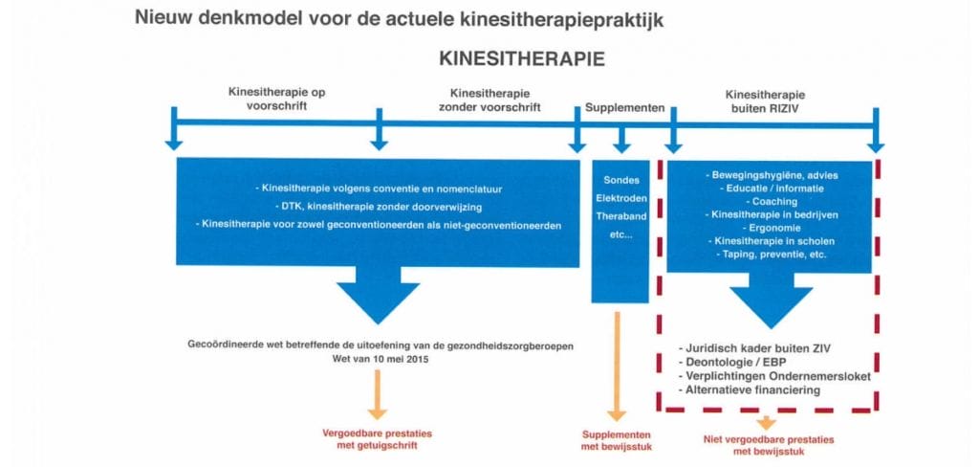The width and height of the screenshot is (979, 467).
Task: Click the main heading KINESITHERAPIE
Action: (x=522, y=58)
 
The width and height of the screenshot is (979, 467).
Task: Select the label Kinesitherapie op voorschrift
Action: (x=276, y=99)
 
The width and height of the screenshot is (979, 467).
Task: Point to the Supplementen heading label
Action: (x=624, y=107)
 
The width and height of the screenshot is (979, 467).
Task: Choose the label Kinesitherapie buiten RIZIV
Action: (x=765, y=101)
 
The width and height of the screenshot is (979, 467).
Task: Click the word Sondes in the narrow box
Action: (x=620, y=180)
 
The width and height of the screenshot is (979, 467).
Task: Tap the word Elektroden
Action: (x=620, y=199)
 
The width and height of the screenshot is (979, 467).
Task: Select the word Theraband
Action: (x=620, y=217)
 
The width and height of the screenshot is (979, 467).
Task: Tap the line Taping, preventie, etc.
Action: (x=772, y=255)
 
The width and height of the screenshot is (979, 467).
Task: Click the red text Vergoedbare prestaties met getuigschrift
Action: (x=377, y=439)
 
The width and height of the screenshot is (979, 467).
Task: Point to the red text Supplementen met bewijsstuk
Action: (x=617, y=440)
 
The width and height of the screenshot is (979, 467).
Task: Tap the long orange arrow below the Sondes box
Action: (x=617, y=367)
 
